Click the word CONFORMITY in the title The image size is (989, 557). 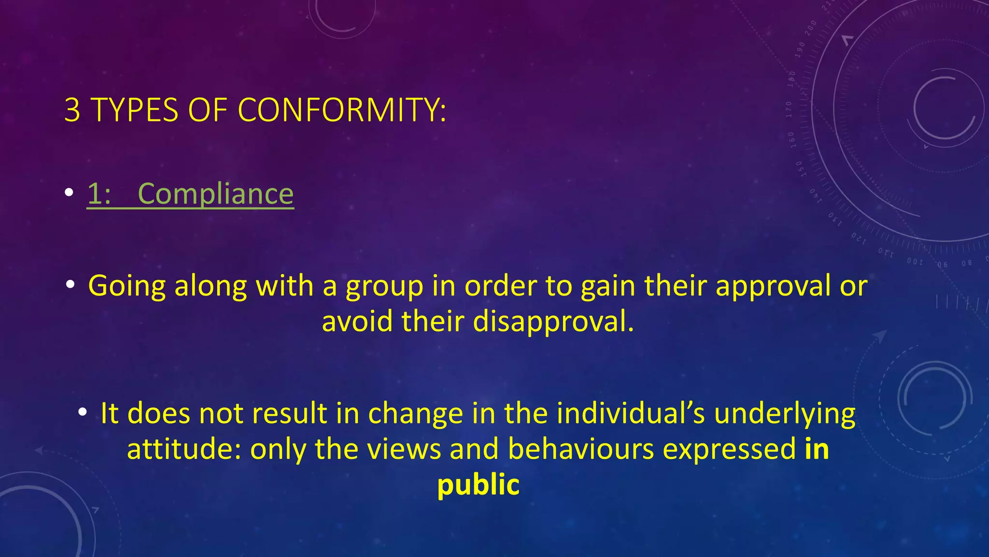coord(342,110)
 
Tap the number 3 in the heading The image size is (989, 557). coord(72,110)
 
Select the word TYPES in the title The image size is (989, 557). coord(134,110)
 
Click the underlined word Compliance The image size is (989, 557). coord(215,194)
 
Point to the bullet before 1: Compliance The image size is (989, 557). coord(70,193)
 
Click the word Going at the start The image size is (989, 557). coord(127,286)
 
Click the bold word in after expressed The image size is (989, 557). coord(817,450)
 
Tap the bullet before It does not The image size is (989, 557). coord(83,412)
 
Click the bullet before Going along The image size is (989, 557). coord(71,285)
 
